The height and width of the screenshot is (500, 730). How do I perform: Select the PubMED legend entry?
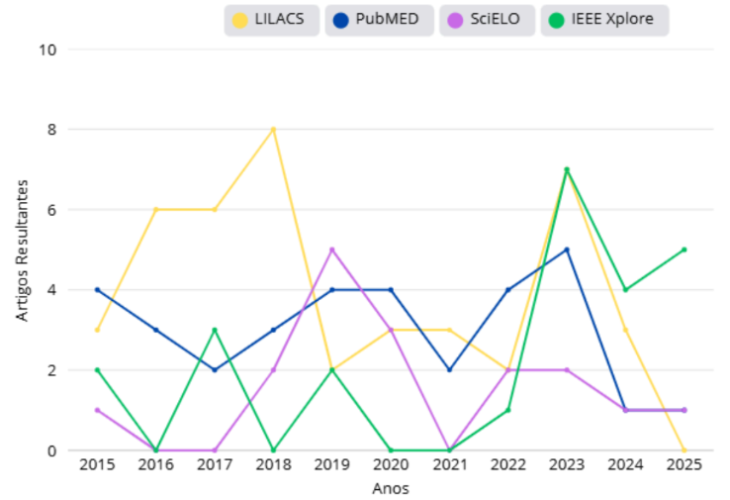379,20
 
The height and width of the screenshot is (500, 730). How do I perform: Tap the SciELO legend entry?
485,20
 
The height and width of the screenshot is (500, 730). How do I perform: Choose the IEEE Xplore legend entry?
603,20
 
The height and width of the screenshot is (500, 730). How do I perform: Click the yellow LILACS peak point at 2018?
273,130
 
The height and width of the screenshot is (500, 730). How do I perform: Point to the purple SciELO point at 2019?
331,250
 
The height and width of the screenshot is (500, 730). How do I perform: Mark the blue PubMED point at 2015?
97,290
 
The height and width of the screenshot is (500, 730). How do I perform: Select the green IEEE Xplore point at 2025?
684,250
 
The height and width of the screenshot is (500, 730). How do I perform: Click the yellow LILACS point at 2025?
684,450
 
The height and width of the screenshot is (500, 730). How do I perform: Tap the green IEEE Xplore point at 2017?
215,330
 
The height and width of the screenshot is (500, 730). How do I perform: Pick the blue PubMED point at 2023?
567,250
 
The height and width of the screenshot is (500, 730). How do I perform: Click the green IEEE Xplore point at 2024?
625,290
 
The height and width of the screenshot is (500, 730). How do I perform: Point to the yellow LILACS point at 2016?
155,210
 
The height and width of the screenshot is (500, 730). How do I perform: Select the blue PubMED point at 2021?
449,369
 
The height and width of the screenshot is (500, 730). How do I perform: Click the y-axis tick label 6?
52,210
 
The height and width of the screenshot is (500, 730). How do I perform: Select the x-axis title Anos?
390,488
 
